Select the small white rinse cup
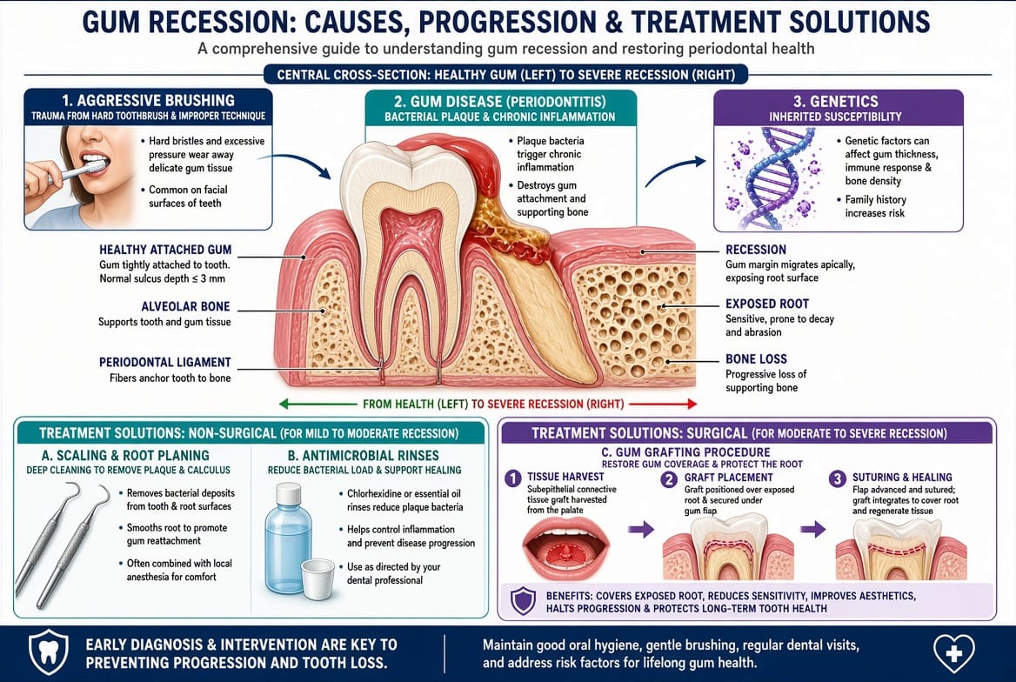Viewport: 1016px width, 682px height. pyautogui.click(x=318, y=579)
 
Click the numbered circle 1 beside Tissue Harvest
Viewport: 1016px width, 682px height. pyautogui.click(x=512, y=478)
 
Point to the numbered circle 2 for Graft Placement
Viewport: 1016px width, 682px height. pyautogui.click(x=669, y=479)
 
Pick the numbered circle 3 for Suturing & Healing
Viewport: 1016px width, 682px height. pyautogui.click(x=837, y=478)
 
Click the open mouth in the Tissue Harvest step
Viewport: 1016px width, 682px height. pyautogui.click(x=566, y=548)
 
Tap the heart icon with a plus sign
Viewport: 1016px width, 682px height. pyautogui.click(x=953, y=652)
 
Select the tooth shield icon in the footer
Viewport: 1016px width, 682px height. pyautogui.click(x=49, y=652)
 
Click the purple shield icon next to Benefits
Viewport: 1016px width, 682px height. pyautogui.click(x=523, y=601)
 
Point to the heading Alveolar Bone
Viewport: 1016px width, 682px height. pyautogui.click(x=185, y=307)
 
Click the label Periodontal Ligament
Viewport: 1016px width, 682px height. pyautogui.click(x=164, y=363)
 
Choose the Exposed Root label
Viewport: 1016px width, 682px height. pyautogui.click(x=767, y=304)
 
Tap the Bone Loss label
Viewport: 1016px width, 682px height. pyautogui.click(x=756, y=358)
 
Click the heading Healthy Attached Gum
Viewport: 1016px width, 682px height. pyautogui.click(x=165, y=250)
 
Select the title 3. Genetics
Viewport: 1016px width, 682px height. pyautogui.click(x=836, y=101)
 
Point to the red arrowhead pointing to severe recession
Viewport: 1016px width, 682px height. pyautogui.click(x=692, y=404)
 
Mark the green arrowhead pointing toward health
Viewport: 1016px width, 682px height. pyautogui.click(x=284, y=404)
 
